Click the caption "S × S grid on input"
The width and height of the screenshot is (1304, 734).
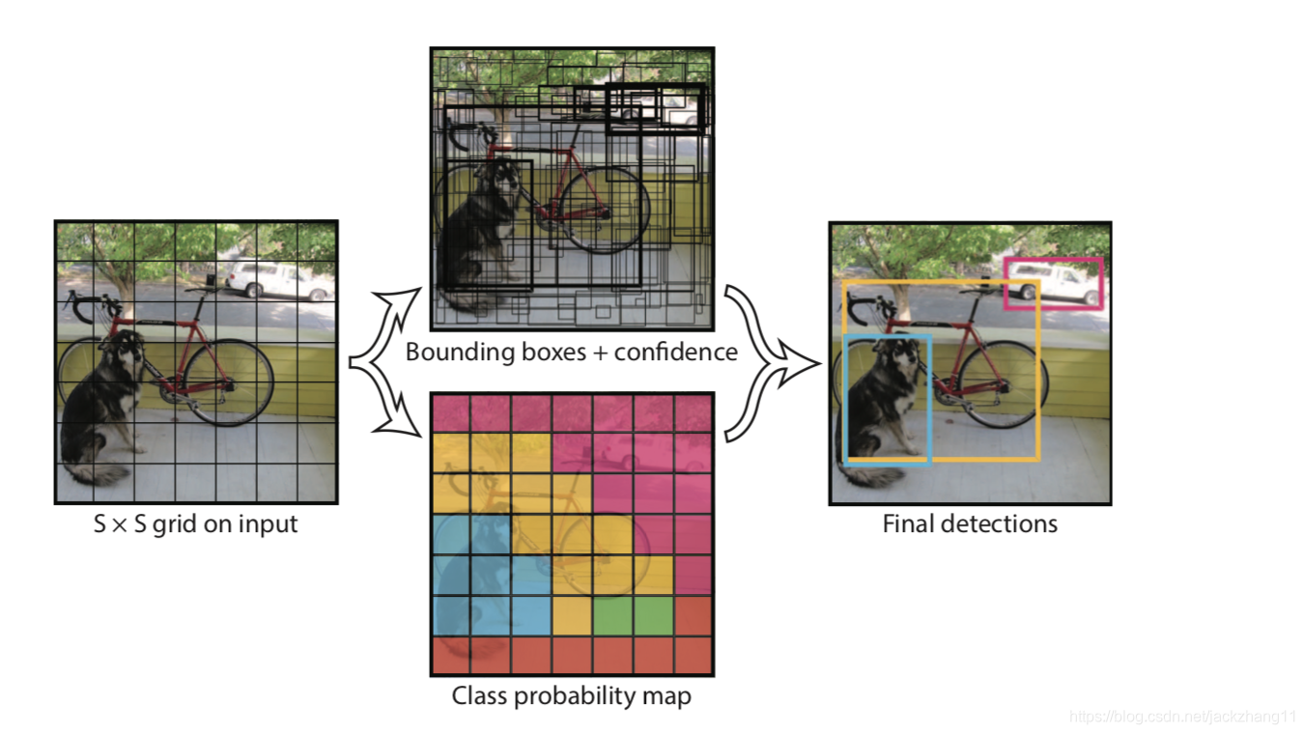[196, 525]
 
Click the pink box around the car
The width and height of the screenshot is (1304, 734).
[1053, 260]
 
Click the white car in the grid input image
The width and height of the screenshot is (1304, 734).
[276, 280]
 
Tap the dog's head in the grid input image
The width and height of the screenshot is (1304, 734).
[127, 349]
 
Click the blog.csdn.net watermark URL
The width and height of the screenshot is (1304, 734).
[1183, 717]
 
